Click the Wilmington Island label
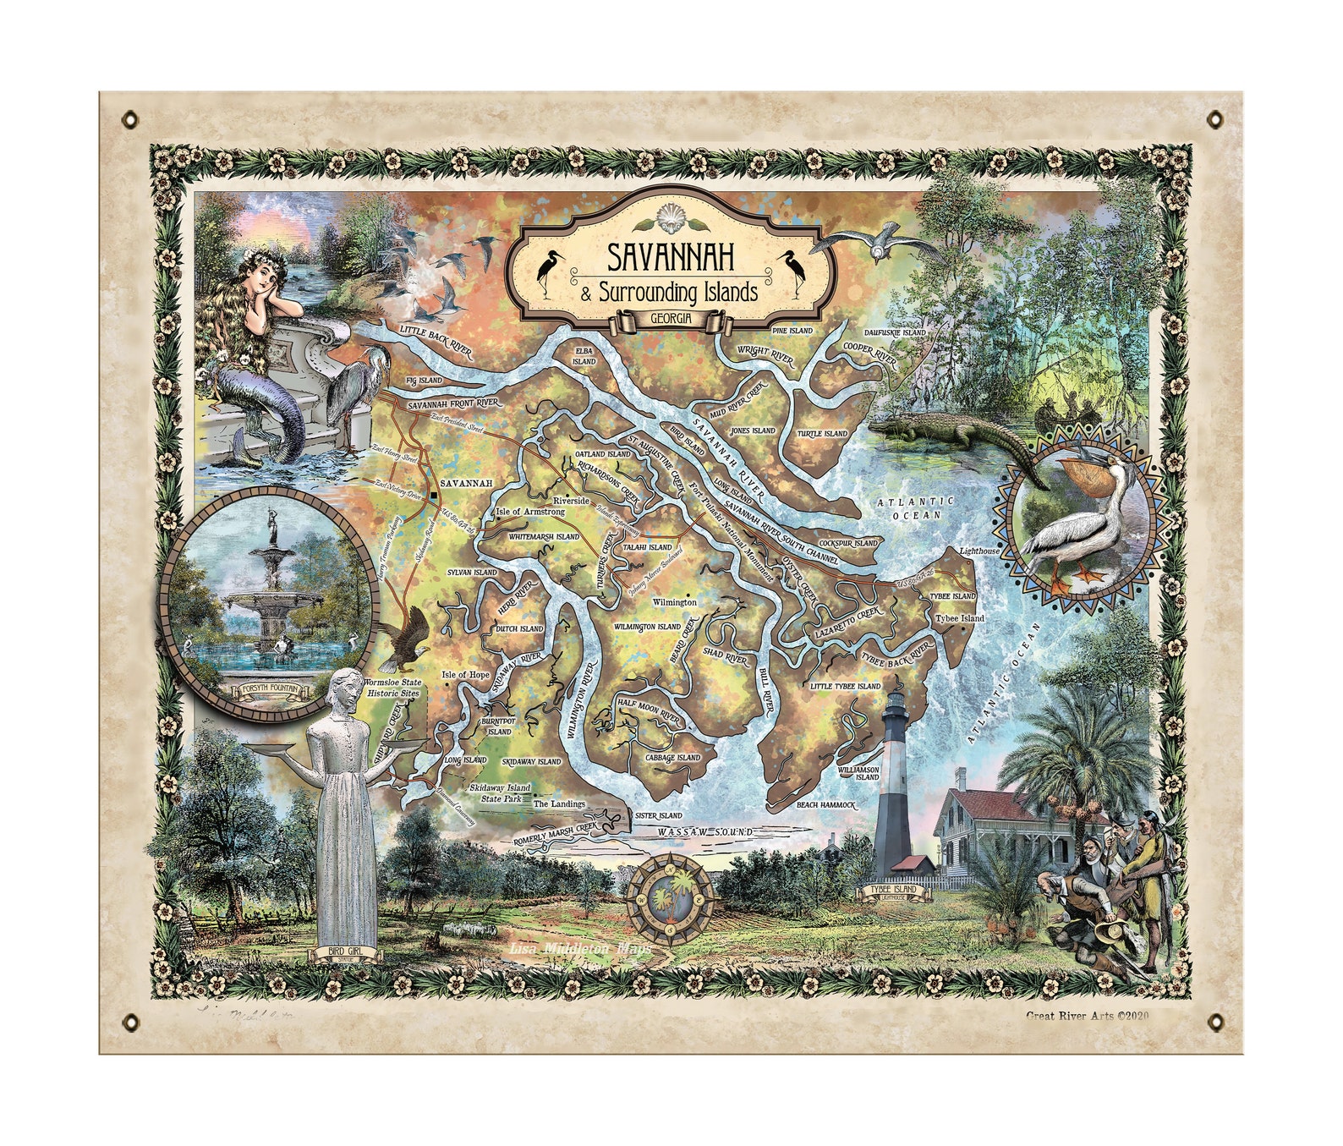coord(647,627)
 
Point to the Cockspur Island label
coord(849,542)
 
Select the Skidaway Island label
coord(531,762)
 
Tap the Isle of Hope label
coord(465,675)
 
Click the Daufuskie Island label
coord(896,333)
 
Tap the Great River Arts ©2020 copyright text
coord(1087,1017)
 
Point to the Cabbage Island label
coord(673,758)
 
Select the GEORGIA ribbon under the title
coord(671,319)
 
